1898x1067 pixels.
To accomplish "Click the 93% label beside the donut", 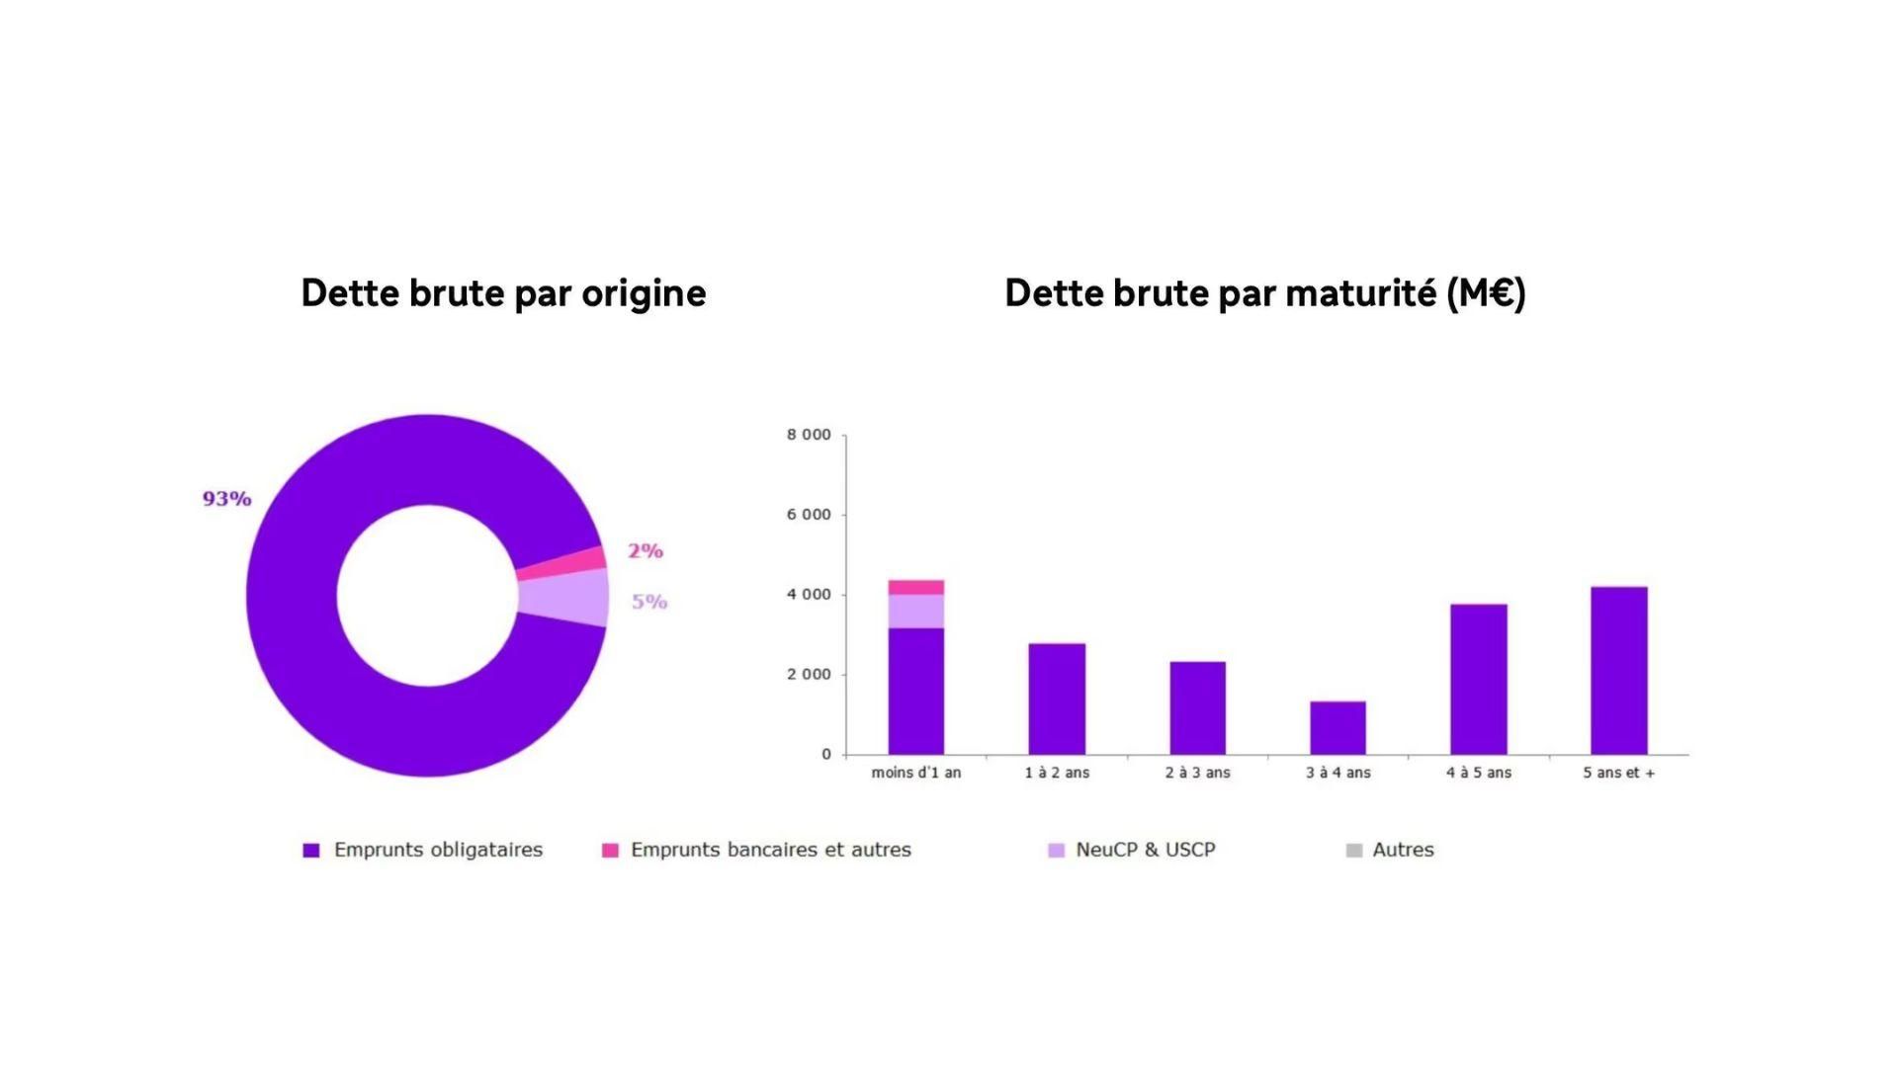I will click(x=226, y=499).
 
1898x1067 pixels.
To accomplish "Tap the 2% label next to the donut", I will click(x=645, y=551).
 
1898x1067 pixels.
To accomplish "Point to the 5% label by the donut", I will click(x=649, y=602).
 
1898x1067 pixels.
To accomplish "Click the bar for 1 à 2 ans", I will click(x=1057, y=698).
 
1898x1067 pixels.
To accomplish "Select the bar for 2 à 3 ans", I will click(x=1197, y=707).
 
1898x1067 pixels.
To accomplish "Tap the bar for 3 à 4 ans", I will click(x=1337, y=728).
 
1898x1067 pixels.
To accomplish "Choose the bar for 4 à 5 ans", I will click(x=1478, y=679).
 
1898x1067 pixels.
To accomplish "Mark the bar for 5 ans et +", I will click(x=1618, y=670).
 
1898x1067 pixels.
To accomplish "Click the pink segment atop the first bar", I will click(x=915, y=587).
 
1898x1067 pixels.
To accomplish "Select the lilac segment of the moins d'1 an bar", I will click(x=915, y=611).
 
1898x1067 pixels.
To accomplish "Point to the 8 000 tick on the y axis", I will click(x=809, y=435).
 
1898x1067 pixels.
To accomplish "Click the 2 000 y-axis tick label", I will click(x=809, y=675).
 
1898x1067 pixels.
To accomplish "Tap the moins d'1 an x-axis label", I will click(x=915, y=773).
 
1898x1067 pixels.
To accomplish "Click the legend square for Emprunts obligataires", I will click(x=311, y=851).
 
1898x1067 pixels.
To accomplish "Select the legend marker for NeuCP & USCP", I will click(x=1056, y=851).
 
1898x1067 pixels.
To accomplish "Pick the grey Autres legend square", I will click(x=1353, y=851).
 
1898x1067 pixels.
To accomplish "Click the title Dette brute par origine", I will click(x=503, y=293).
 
